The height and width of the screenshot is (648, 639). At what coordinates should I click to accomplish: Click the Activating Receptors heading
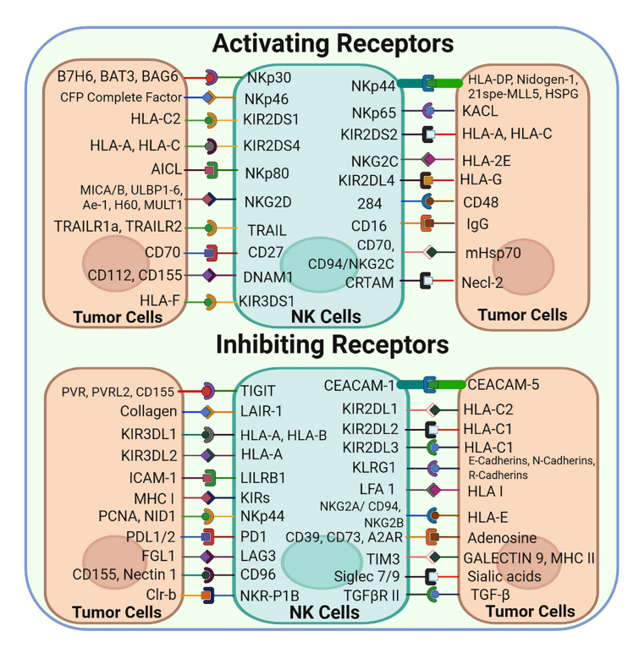coord(333,44)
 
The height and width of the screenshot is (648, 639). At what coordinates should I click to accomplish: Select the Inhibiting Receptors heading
coord(333,344)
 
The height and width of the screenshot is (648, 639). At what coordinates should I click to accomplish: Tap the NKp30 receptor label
coord(269,78)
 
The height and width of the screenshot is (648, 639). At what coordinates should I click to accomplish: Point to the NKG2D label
coord(268,202)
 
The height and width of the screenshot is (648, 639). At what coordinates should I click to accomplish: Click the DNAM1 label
coord(268,277)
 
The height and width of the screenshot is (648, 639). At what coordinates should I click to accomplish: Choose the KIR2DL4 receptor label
coord(366,180)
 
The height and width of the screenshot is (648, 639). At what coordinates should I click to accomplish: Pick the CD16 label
coord(369,226)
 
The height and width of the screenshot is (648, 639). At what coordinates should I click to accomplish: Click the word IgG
coord(477,224)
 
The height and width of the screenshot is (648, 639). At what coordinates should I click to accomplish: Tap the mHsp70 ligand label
coord(493,252)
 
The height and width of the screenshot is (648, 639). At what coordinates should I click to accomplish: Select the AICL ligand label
coord(166,169)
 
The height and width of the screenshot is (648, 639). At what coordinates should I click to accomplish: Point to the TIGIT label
coord(258,391)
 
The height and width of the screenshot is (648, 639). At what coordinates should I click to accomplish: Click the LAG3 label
coord(258,556)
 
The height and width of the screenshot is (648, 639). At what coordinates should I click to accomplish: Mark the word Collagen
coord(148,412)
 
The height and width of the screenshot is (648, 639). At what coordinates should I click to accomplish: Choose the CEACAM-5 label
coord(504,385)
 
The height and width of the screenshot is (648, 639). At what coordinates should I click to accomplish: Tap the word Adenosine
coord(502,538)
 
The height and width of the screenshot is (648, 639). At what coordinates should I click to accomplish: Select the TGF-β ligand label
coord(490,595)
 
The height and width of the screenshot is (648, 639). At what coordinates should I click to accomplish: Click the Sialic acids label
coord(504,576)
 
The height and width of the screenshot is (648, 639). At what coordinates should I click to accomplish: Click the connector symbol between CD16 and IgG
coord(427,223)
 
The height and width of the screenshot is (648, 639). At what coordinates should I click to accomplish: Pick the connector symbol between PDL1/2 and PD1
coord(209,537)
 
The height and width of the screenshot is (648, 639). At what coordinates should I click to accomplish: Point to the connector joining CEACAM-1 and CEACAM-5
coord(430,385)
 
